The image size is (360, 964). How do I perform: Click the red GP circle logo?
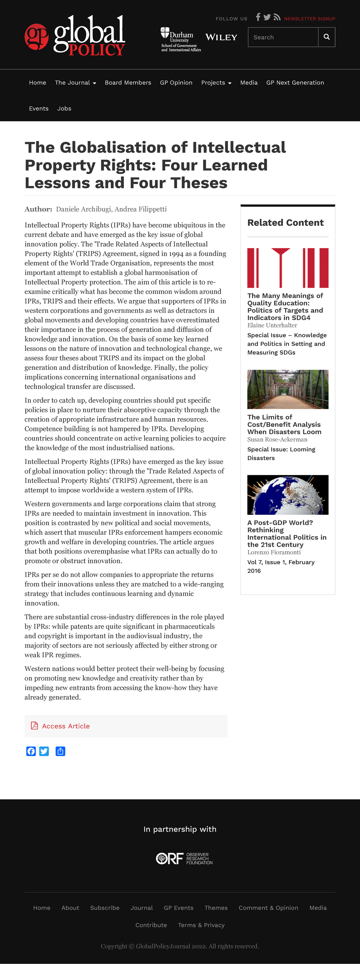[36, 37]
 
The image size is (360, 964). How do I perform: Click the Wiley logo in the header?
[221, 37]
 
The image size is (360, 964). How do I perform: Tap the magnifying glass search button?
[327, 37]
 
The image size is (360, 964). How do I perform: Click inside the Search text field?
[283, 37]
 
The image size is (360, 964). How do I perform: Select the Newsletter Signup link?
[310, 19]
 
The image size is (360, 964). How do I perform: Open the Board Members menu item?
[128, 83]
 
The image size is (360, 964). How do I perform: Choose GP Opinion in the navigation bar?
[176, 83]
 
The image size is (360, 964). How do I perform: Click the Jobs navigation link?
[64, 109]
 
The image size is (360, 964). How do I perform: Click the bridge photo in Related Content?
[288, 389]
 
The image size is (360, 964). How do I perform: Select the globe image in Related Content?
[288, 495]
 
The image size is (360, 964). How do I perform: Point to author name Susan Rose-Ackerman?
[277, 439]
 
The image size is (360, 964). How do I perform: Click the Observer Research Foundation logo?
[184, 858]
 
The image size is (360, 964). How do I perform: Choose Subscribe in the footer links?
[105, 908]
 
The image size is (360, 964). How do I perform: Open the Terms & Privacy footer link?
[201, 925]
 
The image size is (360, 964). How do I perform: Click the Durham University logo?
[180, 39]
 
